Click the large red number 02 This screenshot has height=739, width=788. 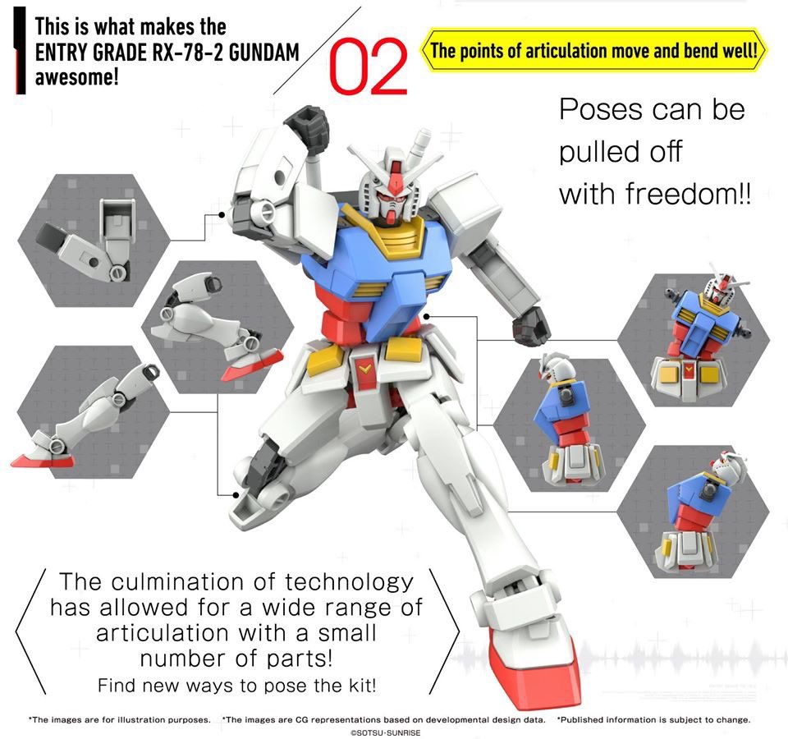click(369, 65)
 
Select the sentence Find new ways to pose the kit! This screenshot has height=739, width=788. click(238, 685)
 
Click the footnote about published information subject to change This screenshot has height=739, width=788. click(653, 719)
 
